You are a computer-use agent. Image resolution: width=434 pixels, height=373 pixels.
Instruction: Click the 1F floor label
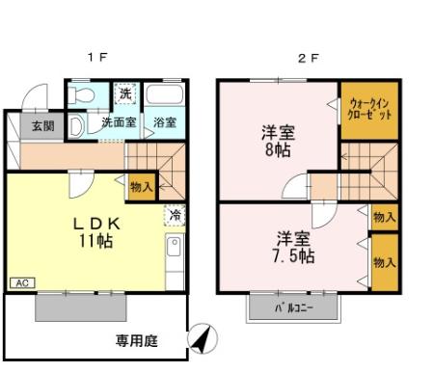point(97,57)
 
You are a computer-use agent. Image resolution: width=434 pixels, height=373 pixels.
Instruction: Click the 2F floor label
point(308,57)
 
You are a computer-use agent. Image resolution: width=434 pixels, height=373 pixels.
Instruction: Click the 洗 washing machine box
point(124,94)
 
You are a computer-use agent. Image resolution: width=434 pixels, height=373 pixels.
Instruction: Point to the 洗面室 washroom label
point(120,123)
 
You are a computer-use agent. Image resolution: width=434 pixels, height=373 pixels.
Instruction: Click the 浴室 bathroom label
point(166,123)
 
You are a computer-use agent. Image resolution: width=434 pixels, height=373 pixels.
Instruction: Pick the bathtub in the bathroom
point(166,97)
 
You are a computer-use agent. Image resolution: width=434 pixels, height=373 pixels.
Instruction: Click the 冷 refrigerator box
point(175,217)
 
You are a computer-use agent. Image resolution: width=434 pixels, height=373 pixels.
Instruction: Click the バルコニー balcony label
point(294,308)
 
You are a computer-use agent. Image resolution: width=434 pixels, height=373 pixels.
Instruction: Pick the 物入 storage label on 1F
point(141,186)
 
